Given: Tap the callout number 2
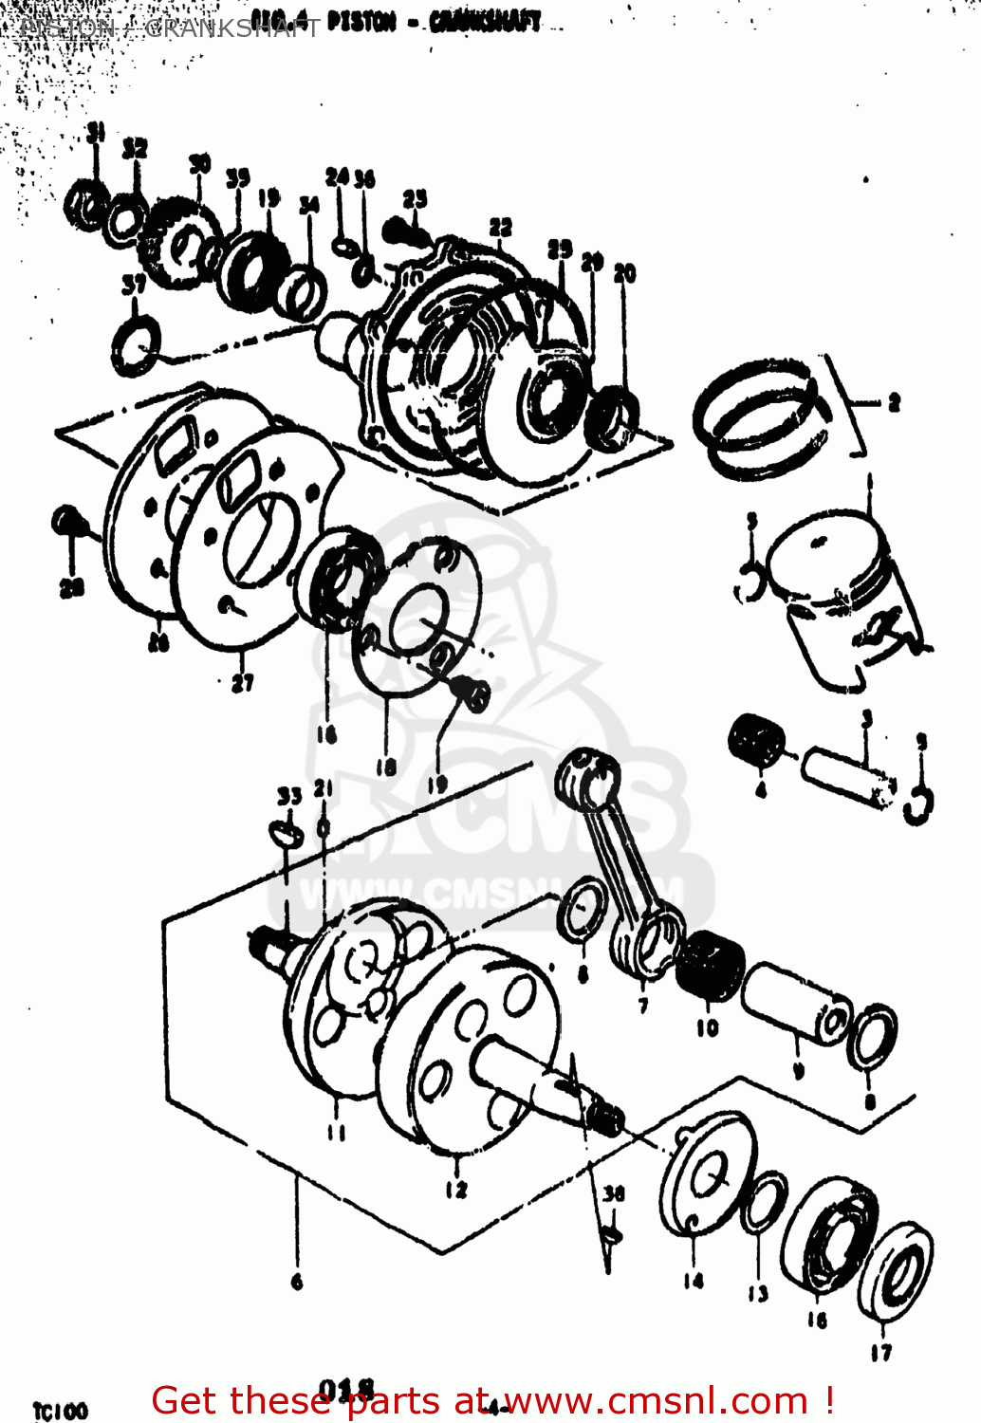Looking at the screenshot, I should coord(893,403).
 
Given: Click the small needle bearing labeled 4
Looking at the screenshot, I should coord(756,739).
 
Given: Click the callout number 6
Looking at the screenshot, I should coord(297,1282).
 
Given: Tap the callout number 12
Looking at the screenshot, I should coord(455,1189).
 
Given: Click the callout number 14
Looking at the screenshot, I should coord(694,1281).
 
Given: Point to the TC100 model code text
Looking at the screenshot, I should coord(60,1411).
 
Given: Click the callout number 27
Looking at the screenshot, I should coord(243,682).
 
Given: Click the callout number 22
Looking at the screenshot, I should coord(500,228).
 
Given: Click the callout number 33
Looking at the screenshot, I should coord(289,796).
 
